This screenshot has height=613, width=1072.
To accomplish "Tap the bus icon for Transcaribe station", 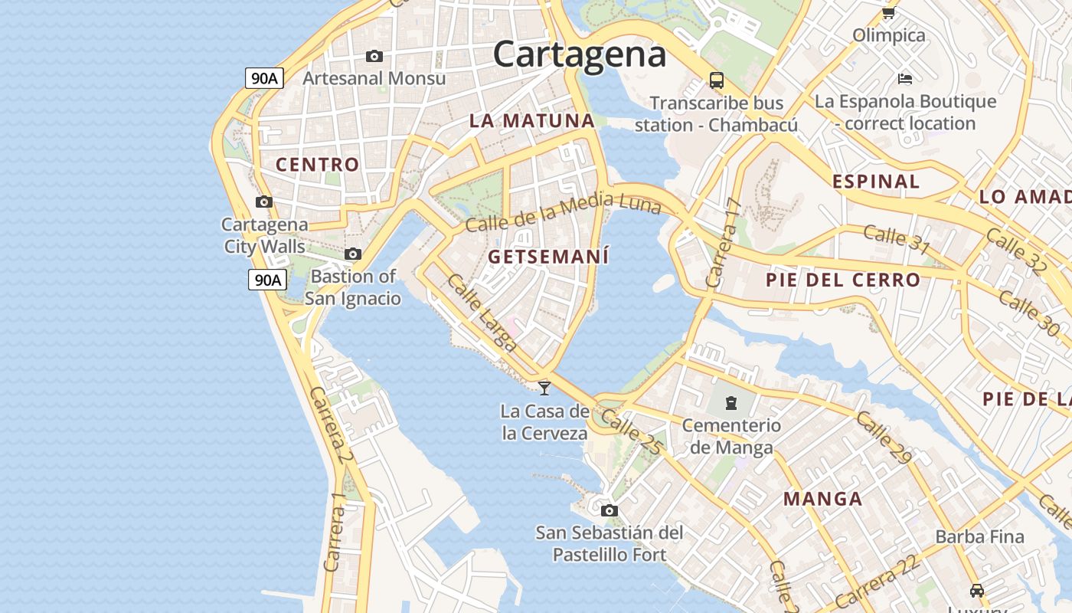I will point(717,80).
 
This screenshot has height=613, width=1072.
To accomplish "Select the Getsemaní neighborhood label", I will point(548,257).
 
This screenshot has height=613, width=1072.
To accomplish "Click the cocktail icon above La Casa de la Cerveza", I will point(544,388).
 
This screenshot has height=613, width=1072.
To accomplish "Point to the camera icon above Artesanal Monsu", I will point(374,56).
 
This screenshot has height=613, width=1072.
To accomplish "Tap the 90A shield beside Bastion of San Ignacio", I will point(267,280).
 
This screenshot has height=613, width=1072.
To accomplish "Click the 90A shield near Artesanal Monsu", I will point(264,77).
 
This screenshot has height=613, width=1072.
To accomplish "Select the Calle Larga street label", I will point(482,313).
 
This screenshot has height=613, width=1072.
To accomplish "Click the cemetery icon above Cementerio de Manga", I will point(731,402).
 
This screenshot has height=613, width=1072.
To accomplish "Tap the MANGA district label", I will point(822,500).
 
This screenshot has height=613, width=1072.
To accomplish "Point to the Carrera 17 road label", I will point(724,243).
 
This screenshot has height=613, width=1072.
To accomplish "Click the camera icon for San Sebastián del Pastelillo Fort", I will point(610,510).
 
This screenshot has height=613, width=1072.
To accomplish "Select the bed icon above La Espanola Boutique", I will point(905,78).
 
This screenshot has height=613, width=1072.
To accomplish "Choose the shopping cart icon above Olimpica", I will point(889,13).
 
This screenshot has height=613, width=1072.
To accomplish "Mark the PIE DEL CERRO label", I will point(842,280).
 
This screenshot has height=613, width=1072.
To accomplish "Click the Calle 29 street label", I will point(884,438).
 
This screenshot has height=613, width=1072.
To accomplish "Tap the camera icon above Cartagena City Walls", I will point(264,202).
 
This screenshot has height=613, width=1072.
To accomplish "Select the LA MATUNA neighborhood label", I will point(531,120).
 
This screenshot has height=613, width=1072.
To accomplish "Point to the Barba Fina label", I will point(979,536).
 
